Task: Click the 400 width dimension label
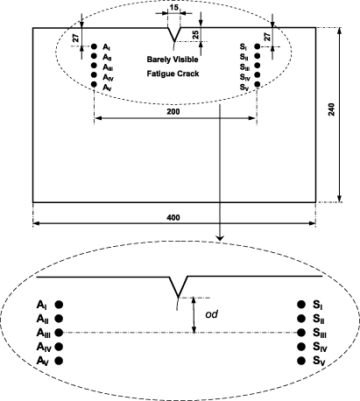pos(174,216)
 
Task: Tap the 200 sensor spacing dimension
pos(175,112)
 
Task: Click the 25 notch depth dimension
pos(195,35)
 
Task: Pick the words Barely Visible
pos(174,60)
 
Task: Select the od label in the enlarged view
pos(211,313)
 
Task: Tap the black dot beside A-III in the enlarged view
pos(59,333)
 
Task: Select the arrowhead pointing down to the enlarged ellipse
pos(220,235)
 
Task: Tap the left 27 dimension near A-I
pos(74,38)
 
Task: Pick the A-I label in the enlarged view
pos(42,305)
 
